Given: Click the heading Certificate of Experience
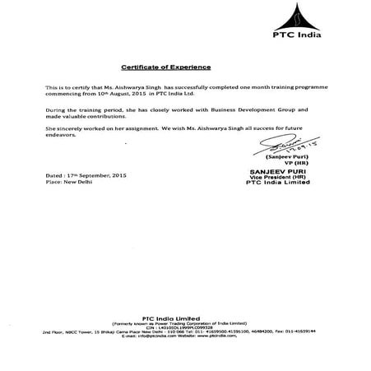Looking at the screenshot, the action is tap(166, 65).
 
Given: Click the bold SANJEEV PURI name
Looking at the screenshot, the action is tap(290, 169).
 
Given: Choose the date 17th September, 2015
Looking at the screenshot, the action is tap(97, 177).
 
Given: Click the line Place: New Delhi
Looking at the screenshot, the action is tap(70, 183).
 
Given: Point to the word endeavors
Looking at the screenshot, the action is tap(63, 137).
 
